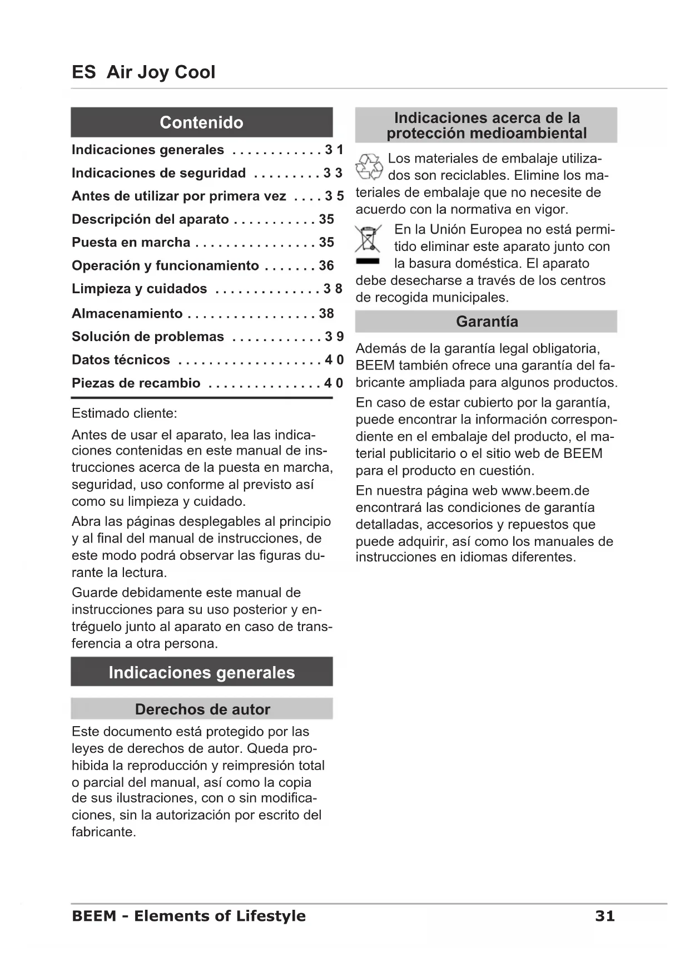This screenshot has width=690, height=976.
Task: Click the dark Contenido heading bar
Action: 201,122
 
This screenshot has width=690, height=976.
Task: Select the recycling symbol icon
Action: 369,167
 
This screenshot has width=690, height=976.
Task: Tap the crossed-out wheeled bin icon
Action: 368,239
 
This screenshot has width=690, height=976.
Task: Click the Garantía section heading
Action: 487,322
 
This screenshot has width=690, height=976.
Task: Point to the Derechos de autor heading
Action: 202,709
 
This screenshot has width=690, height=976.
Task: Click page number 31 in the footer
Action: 604,916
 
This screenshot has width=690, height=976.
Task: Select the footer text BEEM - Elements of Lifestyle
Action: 188,916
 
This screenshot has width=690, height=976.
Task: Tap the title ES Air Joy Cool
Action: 143,72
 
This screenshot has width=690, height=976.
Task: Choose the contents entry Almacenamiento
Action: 127,314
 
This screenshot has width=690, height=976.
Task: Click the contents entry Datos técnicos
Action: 121,360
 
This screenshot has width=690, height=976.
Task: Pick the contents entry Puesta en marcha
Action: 131,243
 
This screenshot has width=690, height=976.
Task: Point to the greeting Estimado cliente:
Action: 124,413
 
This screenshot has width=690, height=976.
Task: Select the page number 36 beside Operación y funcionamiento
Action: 326,266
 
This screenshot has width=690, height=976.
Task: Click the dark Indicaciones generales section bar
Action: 201,672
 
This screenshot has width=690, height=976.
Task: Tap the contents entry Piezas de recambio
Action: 136,383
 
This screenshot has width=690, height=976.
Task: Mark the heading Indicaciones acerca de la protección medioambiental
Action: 487,125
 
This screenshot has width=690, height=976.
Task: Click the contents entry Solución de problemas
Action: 147,337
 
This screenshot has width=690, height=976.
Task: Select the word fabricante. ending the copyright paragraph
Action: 103,832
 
